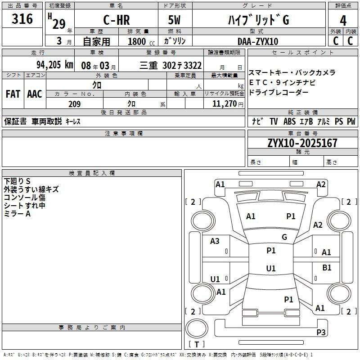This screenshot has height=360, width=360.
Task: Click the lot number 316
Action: pos(22,18)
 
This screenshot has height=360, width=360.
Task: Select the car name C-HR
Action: pos(117,20)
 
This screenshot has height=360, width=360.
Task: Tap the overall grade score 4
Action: pos(343,21)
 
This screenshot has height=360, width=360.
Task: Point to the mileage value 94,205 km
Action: pos(55,65)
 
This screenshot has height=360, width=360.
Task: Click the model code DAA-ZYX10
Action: pos(258,41)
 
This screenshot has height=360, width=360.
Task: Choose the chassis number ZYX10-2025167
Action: pos(302,143)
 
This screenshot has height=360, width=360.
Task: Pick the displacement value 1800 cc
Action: pos(141,41)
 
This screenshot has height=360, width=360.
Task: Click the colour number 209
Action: pos(74,104)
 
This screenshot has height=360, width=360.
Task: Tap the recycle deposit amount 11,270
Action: pos(224,104)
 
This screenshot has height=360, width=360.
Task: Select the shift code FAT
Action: pos(13,94)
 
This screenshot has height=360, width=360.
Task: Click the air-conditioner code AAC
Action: pos(35,94)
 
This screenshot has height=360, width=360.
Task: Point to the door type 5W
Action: pos(174,20)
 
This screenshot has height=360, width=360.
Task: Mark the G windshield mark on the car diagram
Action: pos(284,237)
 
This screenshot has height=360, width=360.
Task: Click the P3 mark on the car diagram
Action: pos(321,332)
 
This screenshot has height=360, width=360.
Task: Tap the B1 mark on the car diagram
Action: pos(327,268)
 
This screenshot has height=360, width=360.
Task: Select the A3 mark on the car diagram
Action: pos(215,241)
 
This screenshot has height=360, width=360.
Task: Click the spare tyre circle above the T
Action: pos(197,328)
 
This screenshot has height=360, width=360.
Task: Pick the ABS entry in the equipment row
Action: pos(289,121)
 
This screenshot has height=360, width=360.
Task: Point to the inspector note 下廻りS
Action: pos(17,181)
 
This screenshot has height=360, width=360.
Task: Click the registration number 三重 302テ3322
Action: pos(171,66)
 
